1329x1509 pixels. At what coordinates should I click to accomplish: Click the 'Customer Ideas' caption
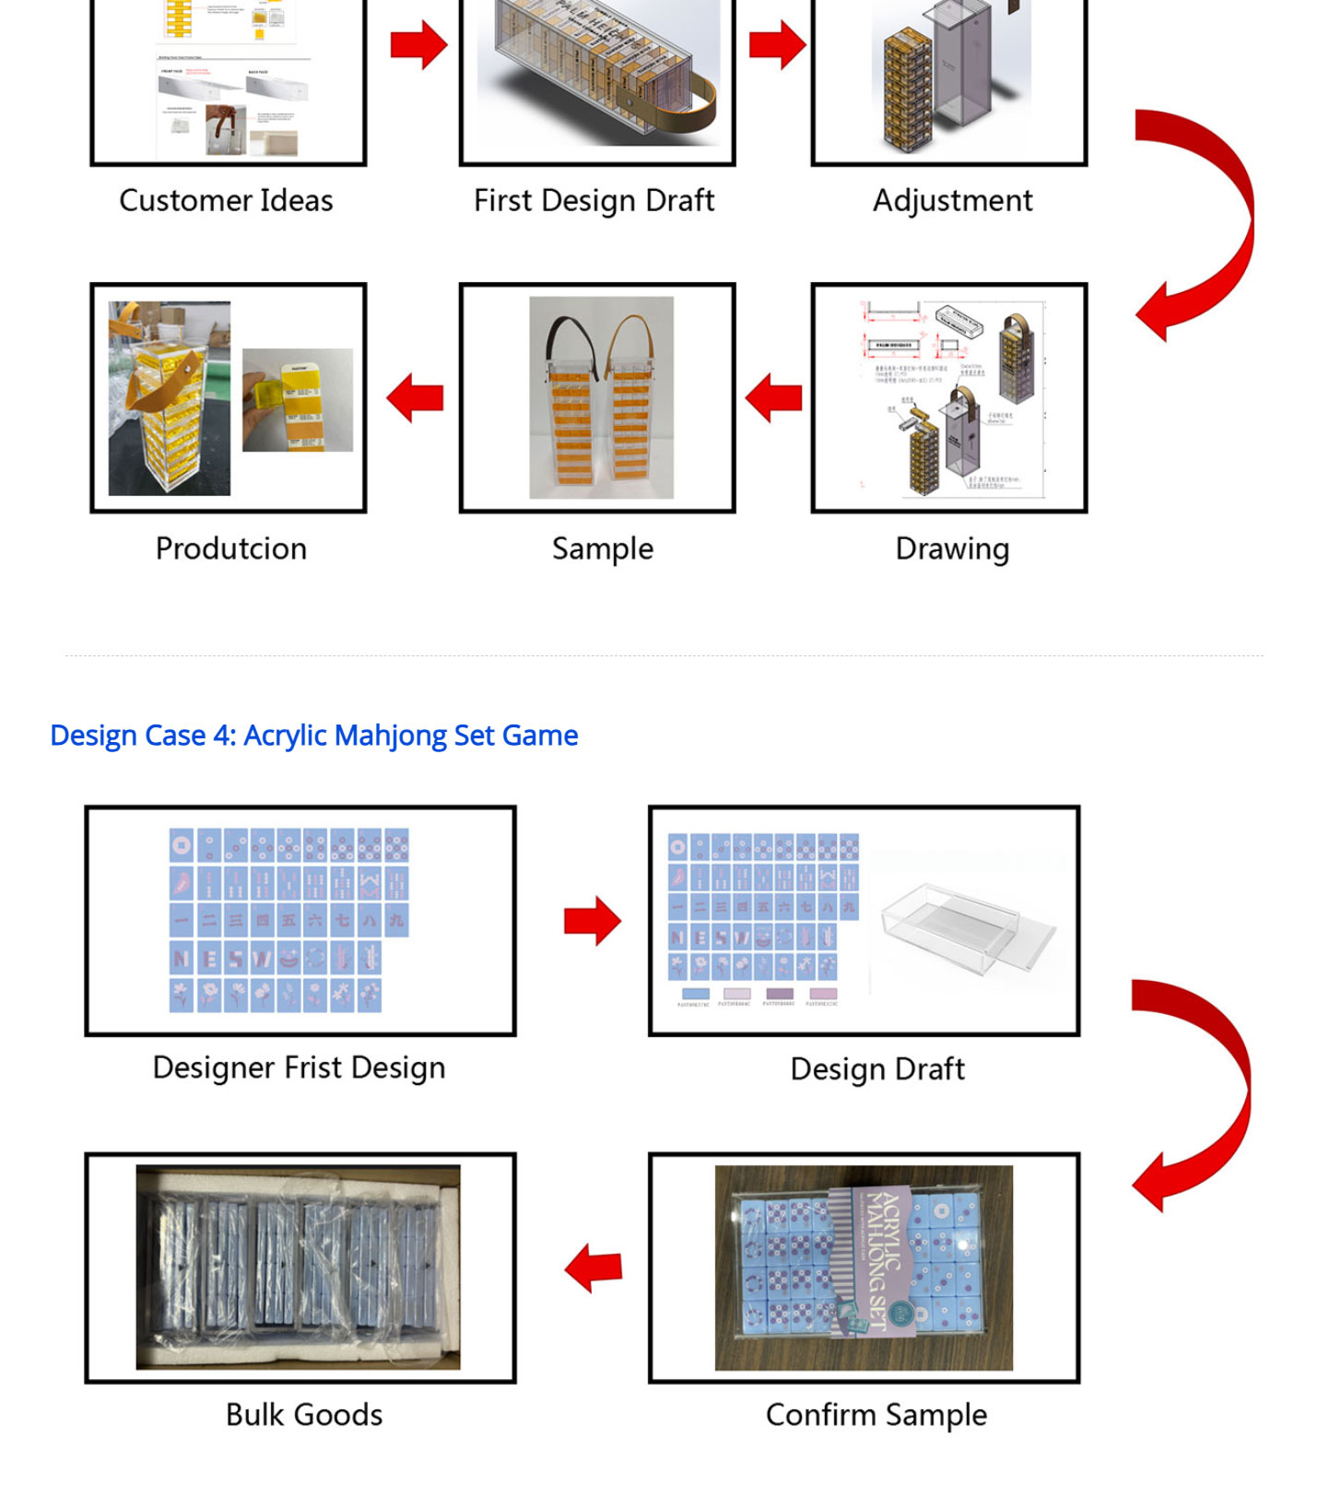coord(226,200)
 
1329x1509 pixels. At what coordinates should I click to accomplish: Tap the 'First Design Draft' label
coord(594,200)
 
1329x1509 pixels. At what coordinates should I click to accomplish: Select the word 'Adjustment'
coord(952,200)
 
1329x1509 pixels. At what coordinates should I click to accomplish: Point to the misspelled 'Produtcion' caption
coord(230,548)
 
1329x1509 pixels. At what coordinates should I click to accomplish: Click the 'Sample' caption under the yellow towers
coord(602,548)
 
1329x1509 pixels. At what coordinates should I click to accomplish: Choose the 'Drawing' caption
coord(952,548)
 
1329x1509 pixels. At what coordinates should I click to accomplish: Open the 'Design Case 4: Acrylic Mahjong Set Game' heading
coord(313,736)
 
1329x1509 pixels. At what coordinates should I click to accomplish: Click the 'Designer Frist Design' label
coord(299,1067)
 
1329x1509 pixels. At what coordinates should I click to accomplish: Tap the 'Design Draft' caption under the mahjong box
coord(877,1069)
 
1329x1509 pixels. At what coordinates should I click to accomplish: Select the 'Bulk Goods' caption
coord(304,1415)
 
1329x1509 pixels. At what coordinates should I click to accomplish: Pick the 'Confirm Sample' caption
coord(876,1415)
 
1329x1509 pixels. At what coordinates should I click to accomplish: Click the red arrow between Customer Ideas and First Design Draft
coord(418,44)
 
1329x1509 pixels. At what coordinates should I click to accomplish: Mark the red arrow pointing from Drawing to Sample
coord(773,397)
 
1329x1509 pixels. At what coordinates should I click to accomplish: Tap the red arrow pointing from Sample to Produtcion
coord(415,397)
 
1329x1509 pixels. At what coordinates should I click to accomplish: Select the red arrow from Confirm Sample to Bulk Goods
coord(594,1267)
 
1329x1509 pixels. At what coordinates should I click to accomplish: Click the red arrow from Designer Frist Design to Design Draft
coord(593,920)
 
